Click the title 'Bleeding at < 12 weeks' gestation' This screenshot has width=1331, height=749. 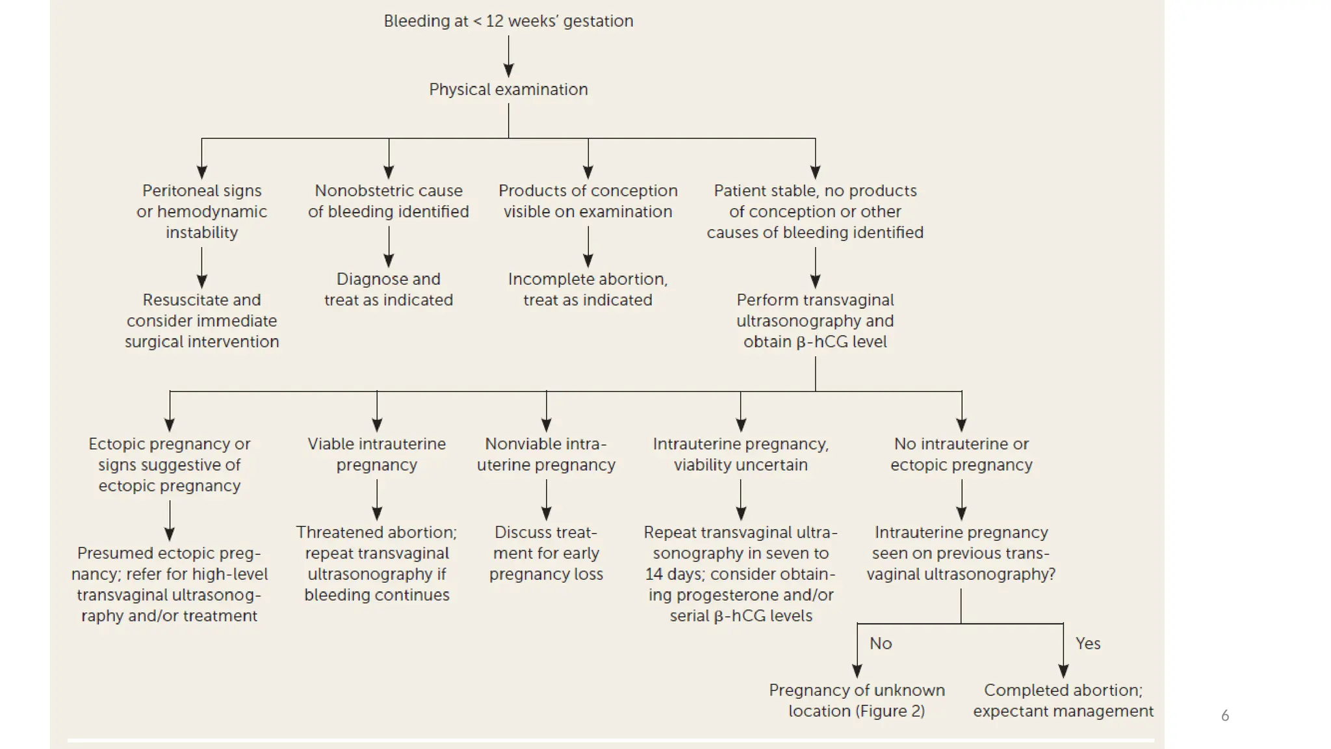pos(508,21)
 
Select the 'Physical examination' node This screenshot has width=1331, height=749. pos(508,89)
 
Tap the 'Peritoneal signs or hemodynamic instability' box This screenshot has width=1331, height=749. pos(201,211)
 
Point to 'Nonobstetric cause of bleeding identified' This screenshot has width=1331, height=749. pos(388,201)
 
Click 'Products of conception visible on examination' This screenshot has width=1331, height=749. pos(588,201)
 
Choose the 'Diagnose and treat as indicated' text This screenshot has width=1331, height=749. pos(388,289)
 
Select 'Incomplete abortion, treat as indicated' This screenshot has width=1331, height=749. pos(588,289)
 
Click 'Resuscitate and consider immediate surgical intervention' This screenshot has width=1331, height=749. pos(201,321)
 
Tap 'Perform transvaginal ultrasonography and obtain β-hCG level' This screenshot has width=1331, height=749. pos(815,321)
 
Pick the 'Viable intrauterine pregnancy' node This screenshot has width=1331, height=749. pos(376,454)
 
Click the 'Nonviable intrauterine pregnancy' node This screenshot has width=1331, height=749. pos(546,454)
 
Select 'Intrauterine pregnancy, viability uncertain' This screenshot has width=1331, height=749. pos(740,454)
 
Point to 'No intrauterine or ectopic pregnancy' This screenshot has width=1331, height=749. pos(961,454)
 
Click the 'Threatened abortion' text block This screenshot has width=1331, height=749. pos(376,563)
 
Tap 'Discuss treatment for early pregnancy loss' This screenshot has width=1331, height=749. pos(546,553)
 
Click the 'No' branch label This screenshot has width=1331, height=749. pos(881,644)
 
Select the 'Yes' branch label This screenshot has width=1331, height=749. pos(1087,644)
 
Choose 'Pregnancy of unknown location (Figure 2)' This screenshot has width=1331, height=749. pos(857,700)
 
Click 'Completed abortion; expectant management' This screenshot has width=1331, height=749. pos(1063,700)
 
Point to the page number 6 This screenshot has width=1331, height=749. pos(1225,716)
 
